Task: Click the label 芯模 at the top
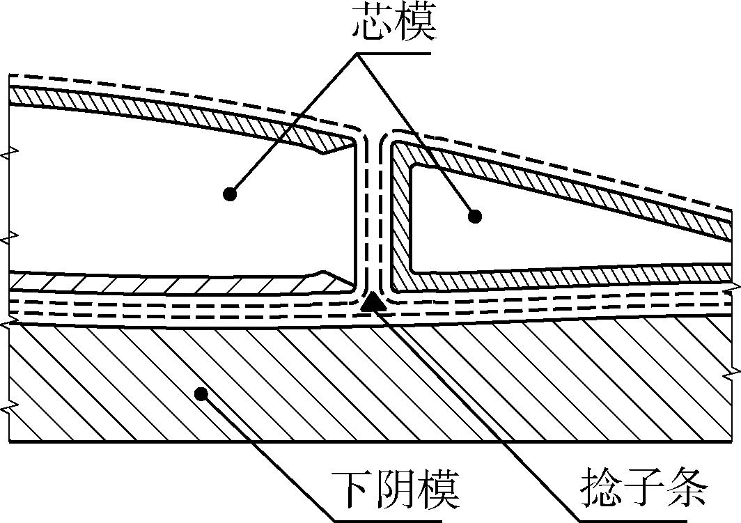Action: (394, 23)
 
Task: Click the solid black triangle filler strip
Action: (373, 302)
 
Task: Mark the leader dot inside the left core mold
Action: (230, 193)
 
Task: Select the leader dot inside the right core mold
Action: (475, 217)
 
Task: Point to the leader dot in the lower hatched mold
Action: (201, 393)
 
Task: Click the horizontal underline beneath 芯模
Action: (393, 54)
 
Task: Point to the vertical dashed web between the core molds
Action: (372, 212)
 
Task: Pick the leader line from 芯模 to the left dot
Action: (293, 124)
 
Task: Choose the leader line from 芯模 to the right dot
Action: (416, 135)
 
